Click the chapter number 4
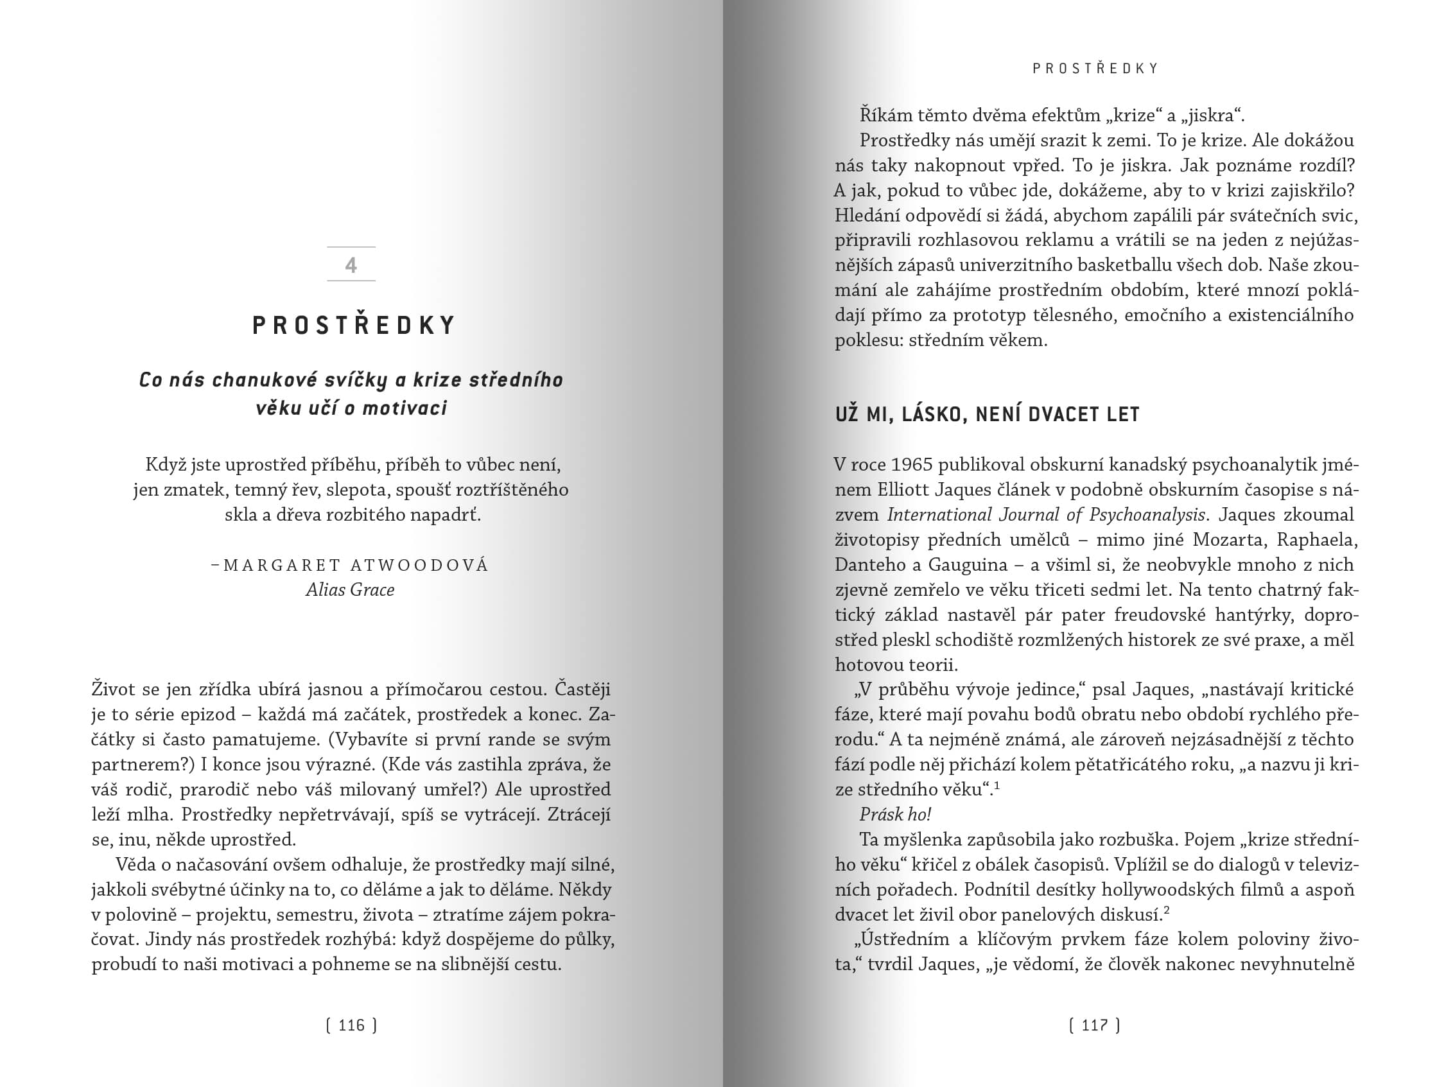tap(351, 265)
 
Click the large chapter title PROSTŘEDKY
tap(354, 326)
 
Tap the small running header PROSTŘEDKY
tap(1095, 69)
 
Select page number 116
tap(352, 1025)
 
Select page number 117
tap(1094, 1025)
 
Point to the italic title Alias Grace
tap(351, 590)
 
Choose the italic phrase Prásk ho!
tap(895, 814)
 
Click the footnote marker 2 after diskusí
tap(1166, 910)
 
